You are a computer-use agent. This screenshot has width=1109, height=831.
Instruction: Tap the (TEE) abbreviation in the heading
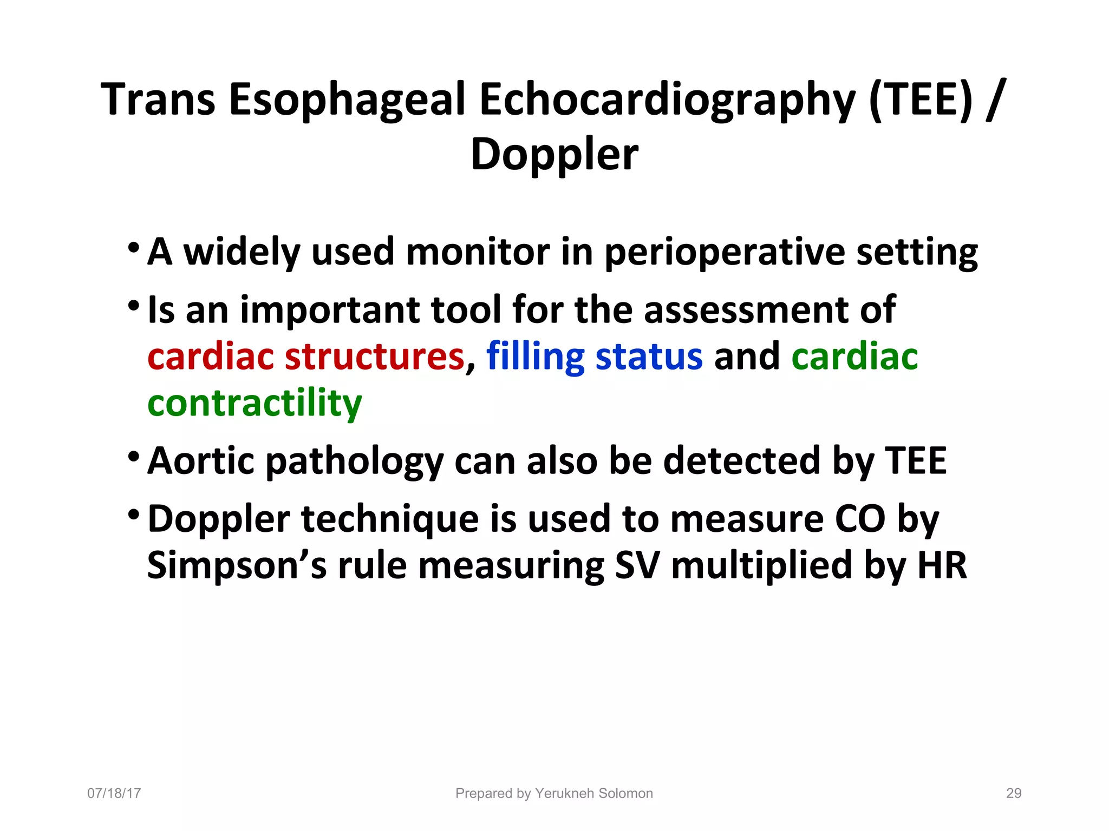coord(921,100)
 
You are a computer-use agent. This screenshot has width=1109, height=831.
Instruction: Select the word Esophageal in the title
coord(347,101)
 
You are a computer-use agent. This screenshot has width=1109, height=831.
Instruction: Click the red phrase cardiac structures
coord(306,357)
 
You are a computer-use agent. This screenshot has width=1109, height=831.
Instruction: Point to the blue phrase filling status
coord(594,357)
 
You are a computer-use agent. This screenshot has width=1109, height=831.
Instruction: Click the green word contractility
coord(255,404)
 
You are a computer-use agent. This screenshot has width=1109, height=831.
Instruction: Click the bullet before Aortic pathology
coord(133,458)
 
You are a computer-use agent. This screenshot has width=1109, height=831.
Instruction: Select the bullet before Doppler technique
coord(133,515)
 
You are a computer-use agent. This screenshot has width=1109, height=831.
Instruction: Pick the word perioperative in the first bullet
coord(724,253)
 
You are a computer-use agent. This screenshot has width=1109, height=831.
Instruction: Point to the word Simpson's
coord(237,566)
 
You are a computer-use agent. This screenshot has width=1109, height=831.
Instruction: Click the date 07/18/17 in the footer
coord(114,793)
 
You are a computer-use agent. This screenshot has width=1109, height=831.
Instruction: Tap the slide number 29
coord(1013,793)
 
